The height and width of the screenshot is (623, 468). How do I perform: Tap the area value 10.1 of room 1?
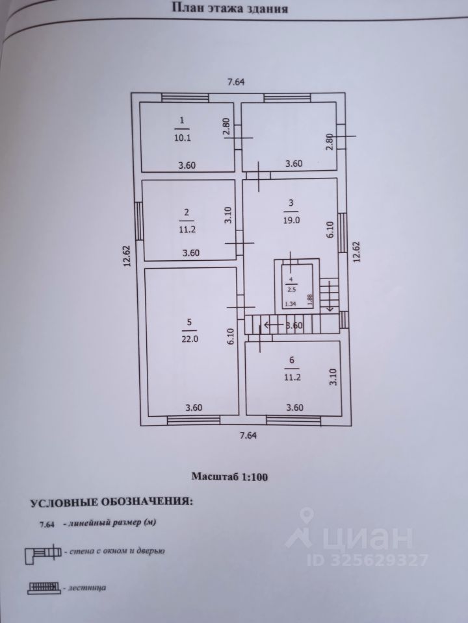point(183,138)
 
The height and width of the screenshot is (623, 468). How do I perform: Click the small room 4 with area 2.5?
point(290,284)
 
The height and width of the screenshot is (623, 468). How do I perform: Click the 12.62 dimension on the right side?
point(356,251)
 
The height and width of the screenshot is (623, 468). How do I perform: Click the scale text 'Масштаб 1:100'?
point(229,476)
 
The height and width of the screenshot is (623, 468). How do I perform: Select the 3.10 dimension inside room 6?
point(332,377)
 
